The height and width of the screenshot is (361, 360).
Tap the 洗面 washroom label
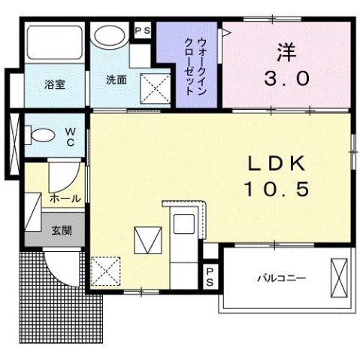click(x=115, y=80)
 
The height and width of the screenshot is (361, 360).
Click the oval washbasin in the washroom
click(x=110, y=37)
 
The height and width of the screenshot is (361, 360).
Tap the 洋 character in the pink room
click(x=287, y=54)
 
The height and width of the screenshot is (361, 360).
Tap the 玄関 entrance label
click(x=61, y=231)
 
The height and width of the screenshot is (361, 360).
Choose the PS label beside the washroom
click(x=142, y=31)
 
